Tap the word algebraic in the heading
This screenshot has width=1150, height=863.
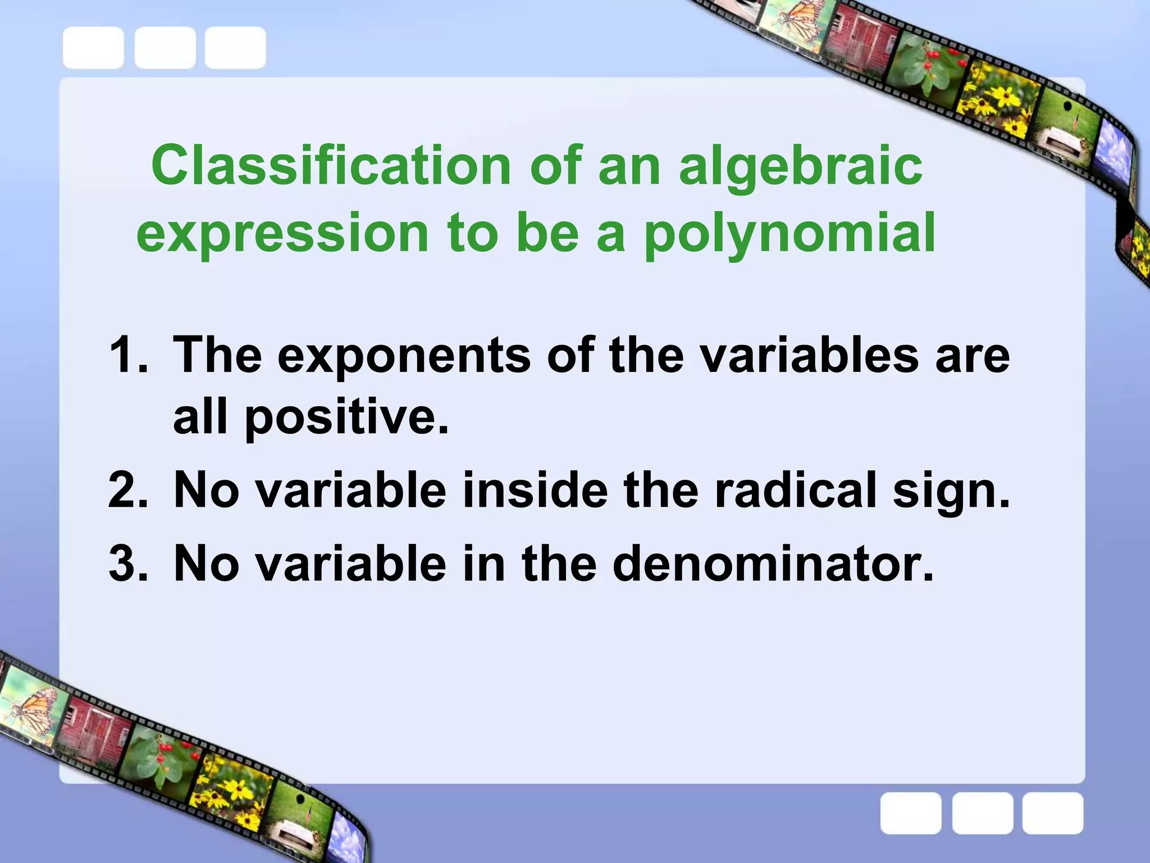tap(800, 166)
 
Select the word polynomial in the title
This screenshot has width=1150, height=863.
tap(788, 234)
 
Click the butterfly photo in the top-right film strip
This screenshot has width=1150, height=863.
tap(789, 17)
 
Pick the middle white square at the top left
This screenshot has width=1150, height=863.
tap(165, 48)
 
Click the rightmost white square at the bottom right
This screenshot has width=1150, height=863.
tap(1052, 813)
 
